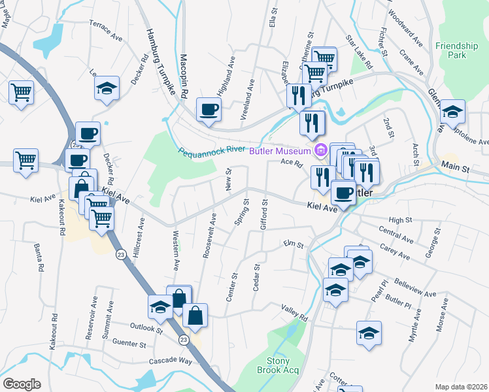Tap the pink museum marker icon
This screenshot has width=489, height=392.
(x=320, y=151)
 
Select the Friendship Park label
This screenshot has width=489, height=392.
(x=456, y=50)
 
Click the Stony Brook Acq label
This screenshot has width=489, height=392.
(x=282, y=365)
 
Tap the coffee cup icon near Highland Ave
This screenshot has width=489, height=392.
(x=209, y=109)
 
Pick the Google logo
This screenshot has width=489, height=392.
(x=22, y=384)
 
